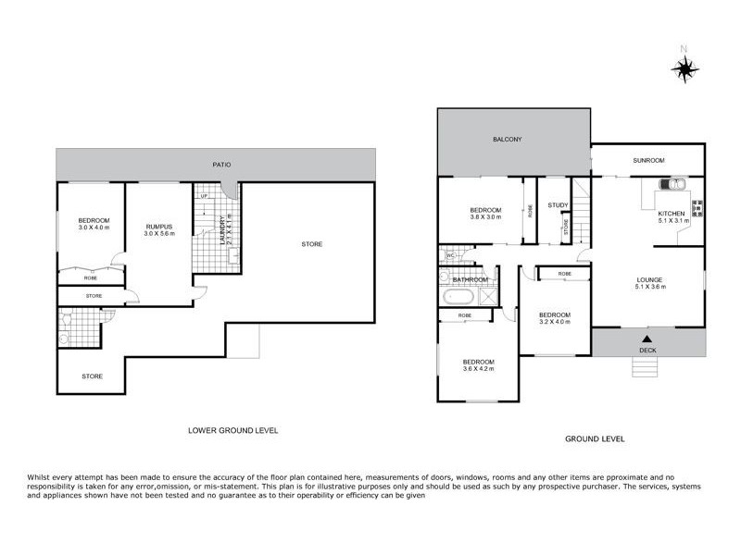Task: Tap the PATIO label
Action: (218, 165)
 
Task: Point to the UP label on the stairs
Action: (203, 195)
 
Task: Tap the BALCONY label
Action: (509, 140)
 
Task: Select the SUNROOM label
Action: (648, 160)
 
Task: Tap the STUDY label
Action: (558, 205)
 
